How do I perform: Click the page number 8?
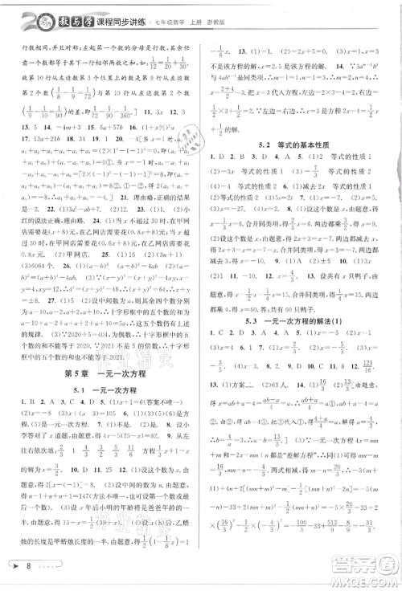pyautogui.click(x=27, y=568)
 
